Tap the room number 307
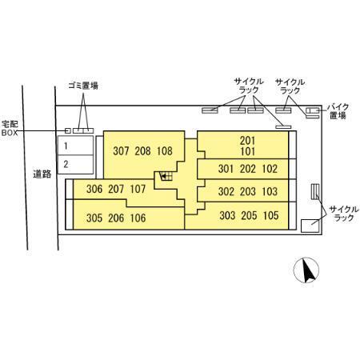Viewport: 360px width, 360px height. click(x=121, y=151)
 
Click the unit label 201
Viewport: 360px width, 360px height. click(x=247, y=141)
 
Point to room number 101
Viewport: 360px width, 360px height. click(x=247, y=151)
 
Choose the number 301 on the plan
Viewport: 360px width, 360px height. click(x=226, y=169)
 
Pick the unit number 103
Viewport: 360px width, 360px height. click(x=270, y=191)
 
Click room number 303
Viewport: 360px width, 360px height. click(x=227, y=215)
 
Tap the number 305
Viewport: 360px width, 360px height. click(x=94, y=218)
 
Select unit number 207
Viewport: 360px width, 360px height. click(x=116, y=189)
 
